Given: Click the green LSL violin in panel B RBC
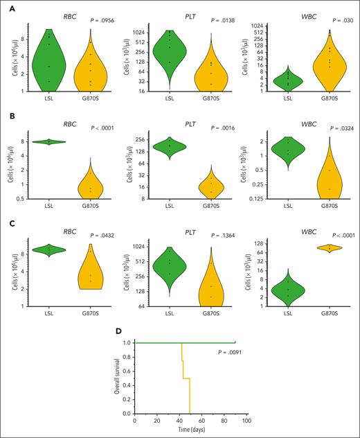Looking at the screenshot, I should click(x=49, y=141).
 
